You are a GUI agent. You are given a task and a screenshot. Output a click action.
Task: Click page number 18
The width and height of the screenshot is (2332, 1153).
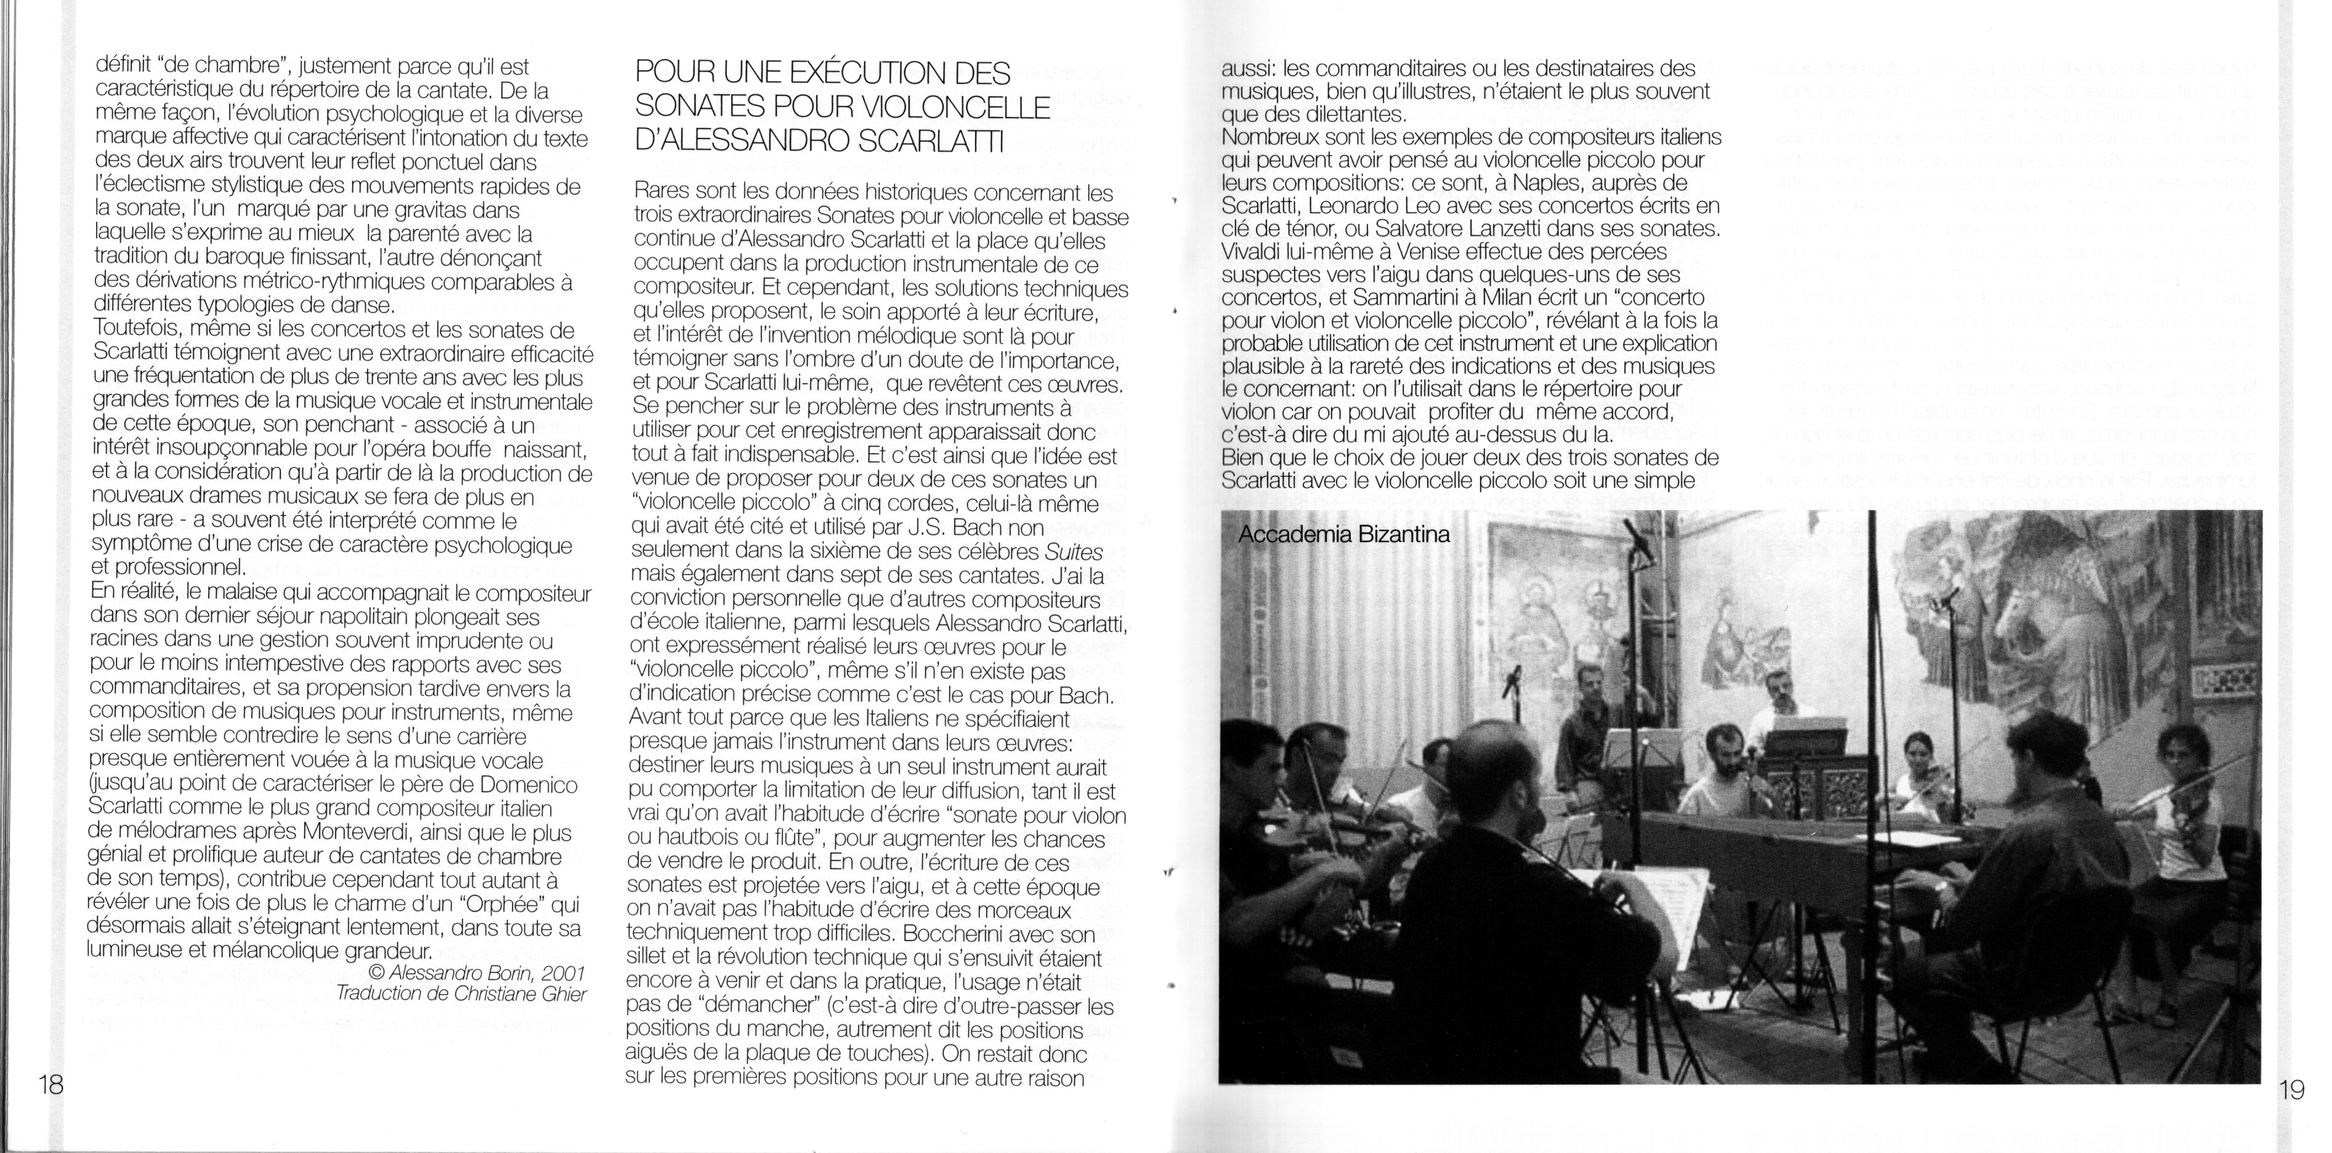[51, 1085]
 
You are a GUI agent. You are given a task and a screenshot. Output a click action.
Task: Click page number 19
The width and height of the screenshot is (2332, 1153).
[2290, 1090]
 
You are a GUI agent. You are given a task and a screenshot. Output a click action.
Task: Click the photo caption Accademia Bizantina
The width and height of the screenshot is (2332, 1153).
[1343, 534]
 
